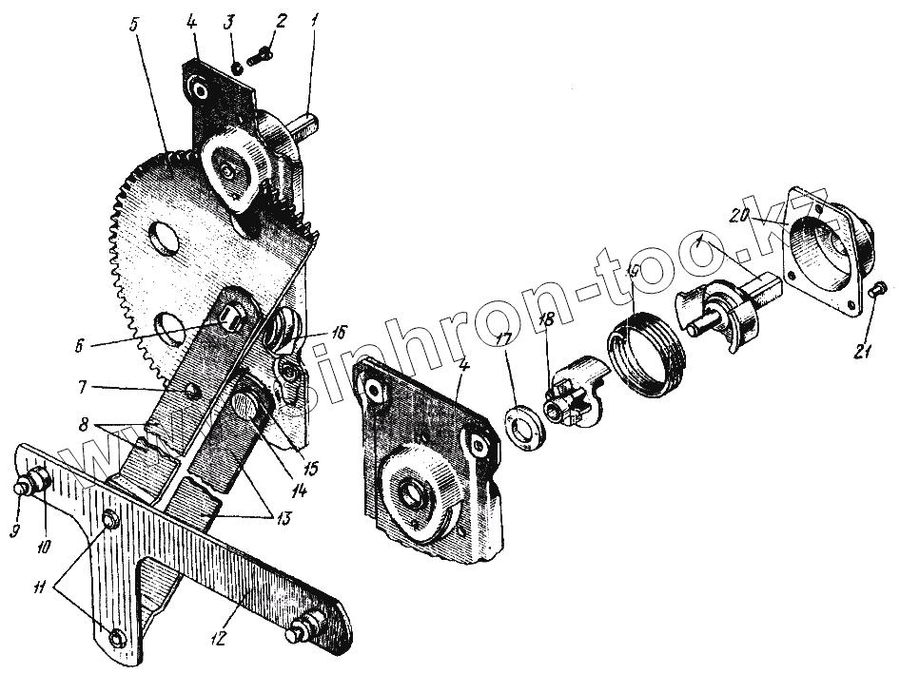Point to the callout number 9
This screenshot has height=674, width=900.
(x=14, y=530)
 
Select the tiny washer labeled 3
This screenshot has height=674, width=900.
(x=234, y=67)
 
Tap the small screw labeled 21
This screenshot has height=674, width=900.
(x=879, y=287)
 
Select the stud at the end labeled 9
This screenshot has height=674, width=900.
(x=21, y=488)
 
